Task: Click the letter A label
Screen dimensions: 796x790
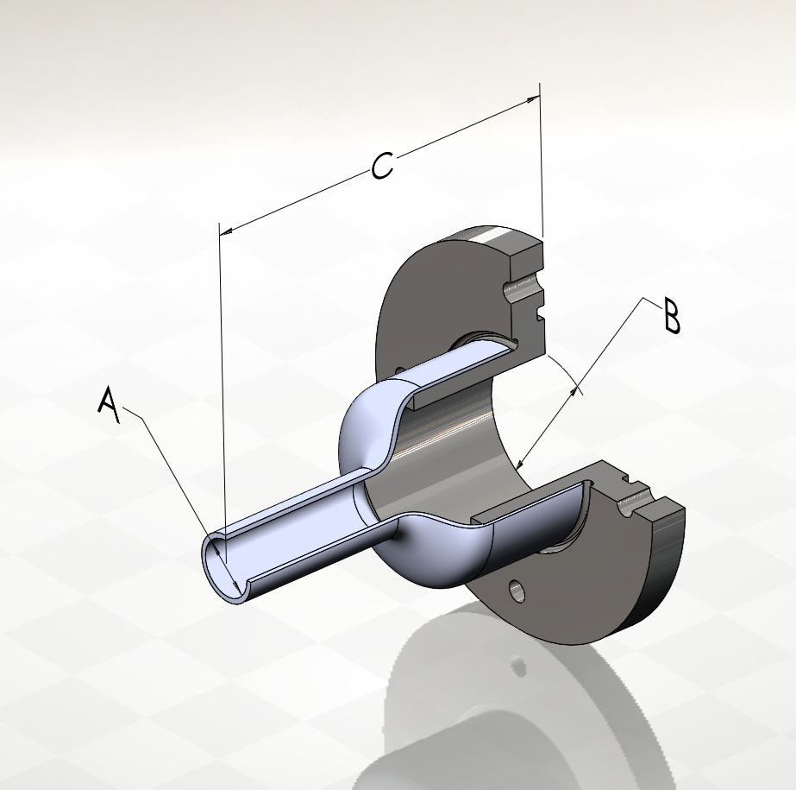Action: [110, 405]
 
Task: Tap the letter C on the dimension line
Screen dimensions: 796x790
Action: [382, 165]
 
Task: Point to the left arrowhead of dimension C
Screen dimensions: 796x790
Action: [227, 231]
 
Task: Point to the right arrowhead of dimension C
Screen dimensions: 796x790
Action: [532, 99]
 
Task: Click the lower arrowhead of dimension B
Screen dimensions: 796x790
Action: [519, 462]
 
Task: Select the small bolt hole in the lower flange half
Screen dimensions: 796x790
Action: [517, 591]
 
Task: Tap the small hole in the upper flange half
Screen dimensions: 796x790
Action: [401, 370]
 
